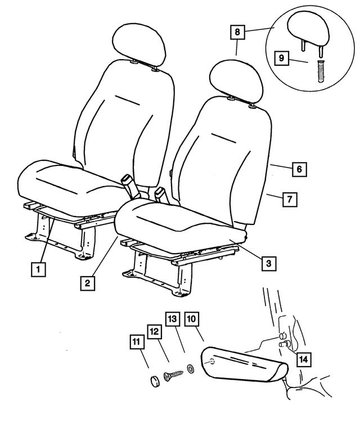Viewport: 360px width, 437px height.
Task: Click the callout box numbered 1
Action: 38,269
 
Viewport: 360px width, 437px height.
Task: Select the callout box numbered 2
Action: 88,283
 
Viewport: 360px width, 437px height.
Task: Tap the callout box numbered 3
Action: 269,263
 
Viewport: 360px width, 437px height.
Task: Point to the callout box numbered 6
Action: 299,169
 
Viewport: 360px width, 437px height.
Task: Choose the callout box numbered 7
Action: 290,199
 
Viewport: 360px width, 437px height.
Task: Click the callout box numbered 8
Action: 237,31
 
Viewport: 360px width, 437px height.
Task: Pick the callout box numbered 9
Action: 281,58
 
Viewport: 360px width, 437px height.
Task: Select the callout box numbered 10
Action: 192,319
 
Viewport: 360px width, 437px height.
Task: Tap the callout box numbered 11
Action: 137,342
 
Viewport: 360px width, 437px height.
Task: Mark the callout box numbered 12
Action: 154,331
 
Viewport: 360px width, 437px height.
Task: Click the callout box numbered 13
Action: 173,319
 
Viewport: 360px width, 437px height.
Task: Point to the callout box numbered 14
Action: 303,359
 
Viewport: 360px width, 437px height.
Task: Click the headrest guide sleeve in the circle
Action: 321,71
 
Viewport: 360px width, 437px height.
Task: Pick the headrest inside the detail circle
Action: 308,31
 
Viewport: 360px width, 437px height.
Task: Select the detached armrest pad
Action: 244,363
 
